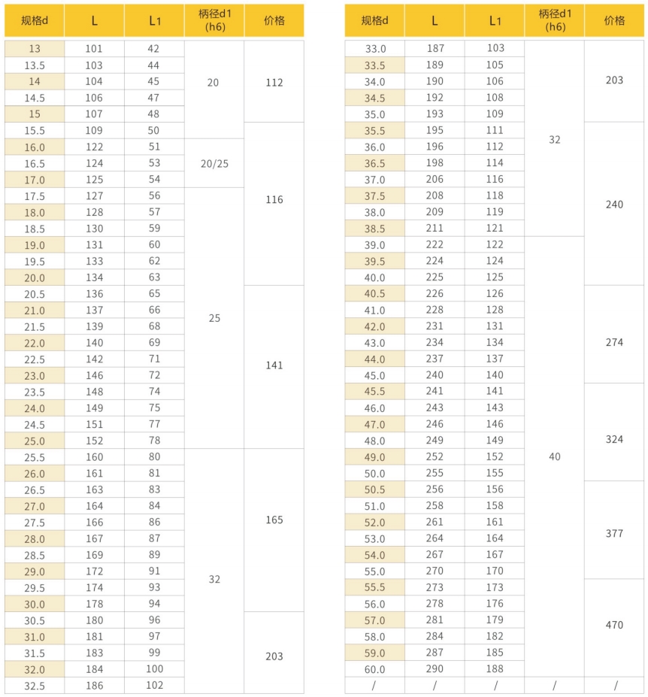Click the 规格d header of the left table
coord(34,21)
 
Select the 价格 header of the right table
coord(614,21)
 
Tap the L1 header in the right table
coord(495,21)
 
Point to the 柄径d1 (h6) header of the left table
coord(214,21)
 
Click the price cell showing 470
coord(614,625)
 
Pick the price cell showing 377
coord(614,533)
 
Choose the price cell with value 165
coord(274,520)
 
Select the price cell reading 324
coord(614,439)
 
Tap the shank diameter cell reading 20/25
coord(214,163)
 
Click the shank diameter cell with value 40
coord(555,456)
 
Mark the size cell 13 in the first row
coord(35,49)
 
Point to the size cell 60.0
coord(374,669)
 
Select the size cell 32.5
coord(35,686)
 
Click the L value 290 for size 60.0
coord(435,669)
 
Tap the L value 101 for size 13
coord(94,49)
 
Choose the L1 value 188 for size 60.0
coord(495,669)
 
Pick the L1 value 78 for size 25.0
coord(154,441)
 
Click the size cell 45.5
coord(374,392)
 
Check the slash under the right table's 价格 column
coord(614,686)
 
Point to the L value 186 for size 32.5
coord(94,686)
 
